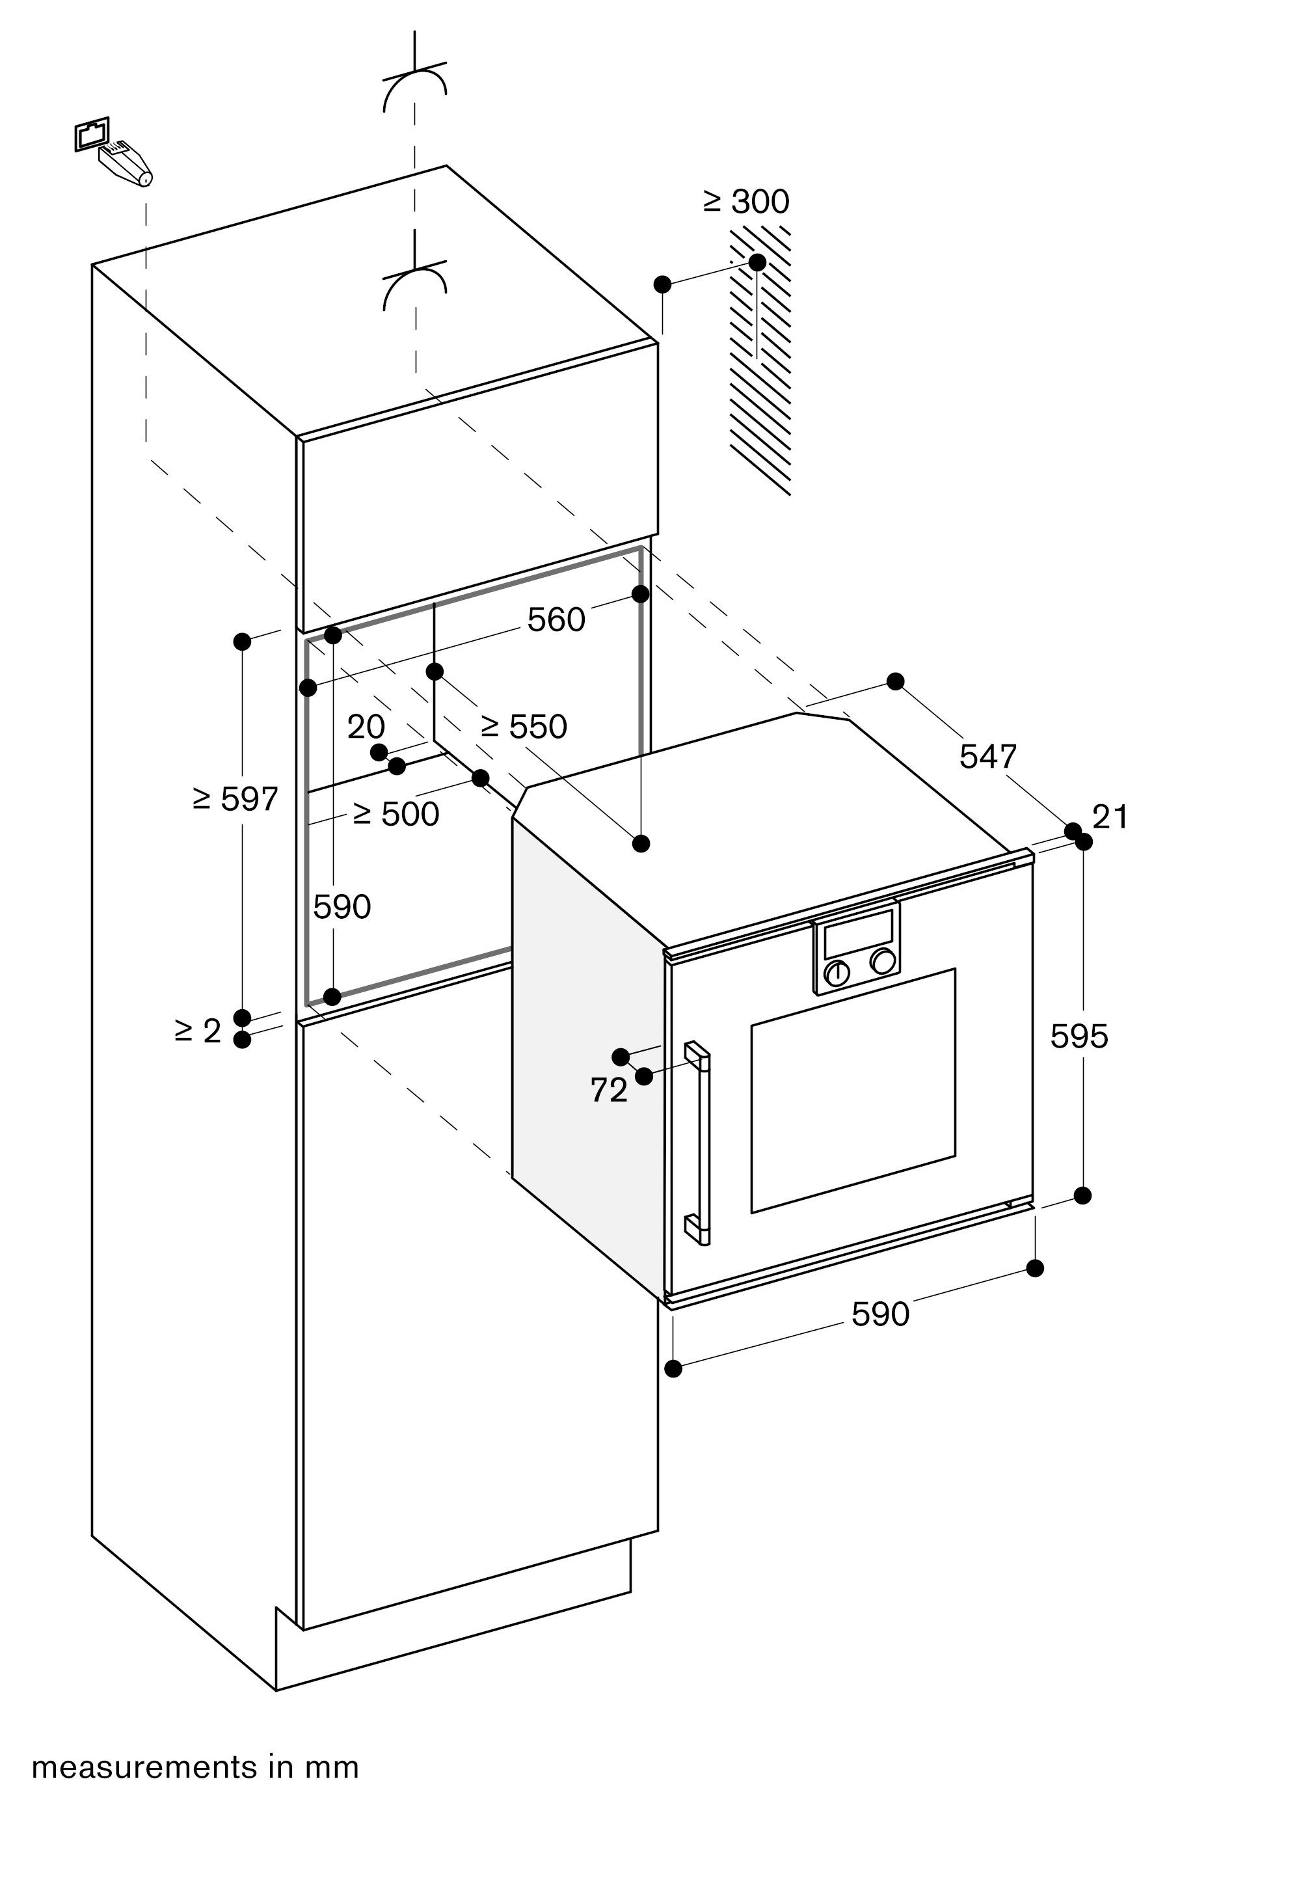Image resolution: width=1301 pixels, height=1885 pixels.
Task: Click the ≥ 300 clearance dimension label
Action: click(747, 201)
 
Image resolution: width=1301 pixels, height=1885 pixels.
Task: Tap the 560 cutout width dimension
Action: click(556, 621)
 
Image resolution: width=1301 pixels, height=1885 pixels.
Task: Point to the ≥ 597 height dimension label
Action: click(235, 799)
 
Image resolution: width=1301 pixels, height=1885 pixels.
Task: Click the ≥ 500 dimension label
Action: click(396, 814)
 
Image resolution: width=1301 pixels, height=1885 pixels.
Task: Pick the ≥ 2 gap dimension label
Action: click(198, 1031)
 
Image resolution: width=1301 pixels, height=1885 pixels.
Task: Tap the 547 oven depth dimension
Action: click(988, 757)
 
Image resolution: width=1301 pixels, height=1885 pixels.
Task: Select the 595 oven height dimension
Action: click(1079, 1037)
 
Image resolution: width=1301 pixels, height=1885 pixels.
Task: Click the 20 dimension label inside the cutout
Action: click(366, 726)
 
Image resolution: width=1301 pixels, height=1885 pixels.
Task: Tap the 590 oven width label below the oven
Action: click(880, 1314)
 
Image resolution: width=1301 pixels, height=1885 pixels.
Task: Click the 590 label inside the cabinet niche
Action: click(342, 906)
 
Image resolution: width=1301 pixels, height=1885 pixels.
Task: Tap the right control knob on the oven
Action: click(882, 960)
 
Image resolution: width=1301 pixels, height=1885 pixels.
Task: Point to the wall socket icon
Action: click(91, 133)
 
